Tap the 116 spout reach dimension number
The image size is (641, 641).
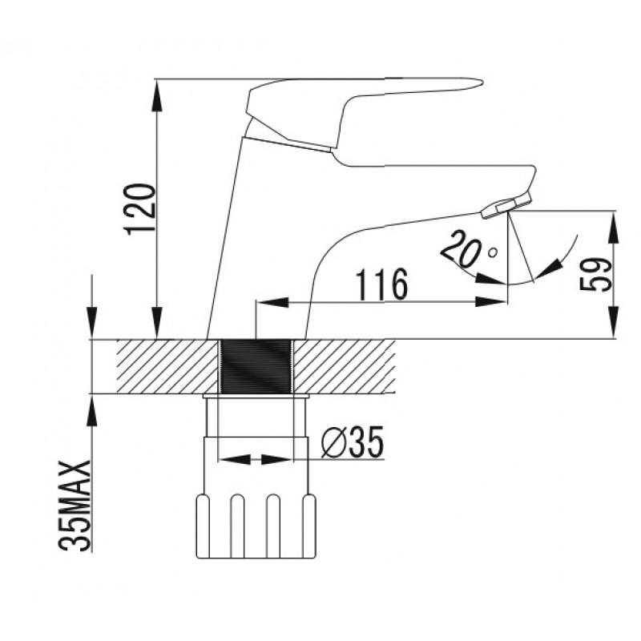(x=382, y=284)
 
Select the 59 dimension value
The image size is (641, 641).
(x=596, y=274)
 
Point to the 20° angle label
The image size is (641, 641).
(x=469, y=251)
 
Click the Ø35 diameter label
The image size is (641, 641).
(x=353, y=442)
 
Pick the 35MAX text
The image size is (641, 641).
(x=75, y=506)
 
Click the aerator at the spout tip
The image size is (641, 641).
(x=506, y=205)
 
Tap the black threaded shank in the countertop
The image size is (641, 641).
(x=256, y=367)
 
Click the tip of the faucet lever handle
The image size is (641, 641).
(x=482, y=83)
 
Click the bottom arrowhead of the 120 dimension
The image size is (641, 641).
(x=156, y=323)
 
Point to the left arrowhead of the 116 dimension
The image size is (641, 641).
(x=272, y=303)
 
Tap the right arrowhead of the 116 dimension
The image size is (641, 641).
(x=490, y=303)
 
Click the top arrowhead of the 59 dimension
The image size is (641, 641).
(x=614, y=228)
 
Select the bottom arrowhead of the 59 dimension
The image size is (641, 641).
(x=614, y=323)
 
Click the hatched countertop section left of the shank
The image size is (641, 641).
(x=167, y=367)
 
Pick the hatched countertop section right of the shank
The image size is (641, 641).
(x=345, y=367)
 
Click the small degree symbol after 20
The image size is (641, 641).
(x=494, y=252)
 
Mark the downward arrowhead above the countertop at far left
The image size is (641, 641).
(x=92, y=323)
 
